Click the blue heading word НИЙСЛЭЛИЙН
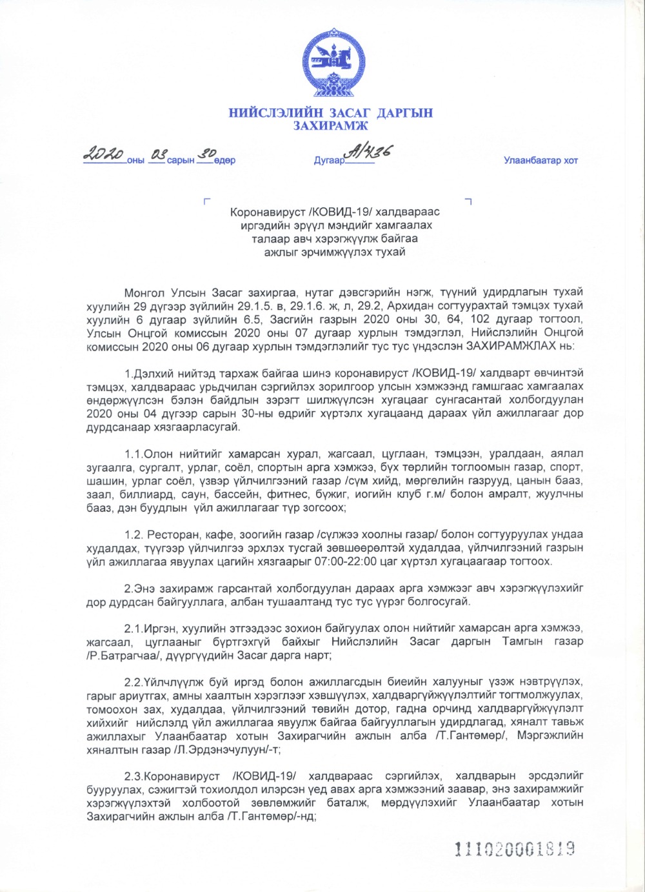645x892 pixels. click(x=271, y=114)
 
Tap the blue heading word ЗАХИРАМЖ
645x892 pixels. click(x=331, y=126)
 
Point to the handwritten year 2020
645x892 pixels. click(x=103, y=154)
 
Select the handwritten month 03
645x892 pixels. click(x=158, y=154)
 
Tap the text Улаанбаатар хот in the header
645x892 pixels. click(x=541, y=161)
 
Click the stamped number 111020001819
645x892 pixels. click(x=515, y=848)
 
